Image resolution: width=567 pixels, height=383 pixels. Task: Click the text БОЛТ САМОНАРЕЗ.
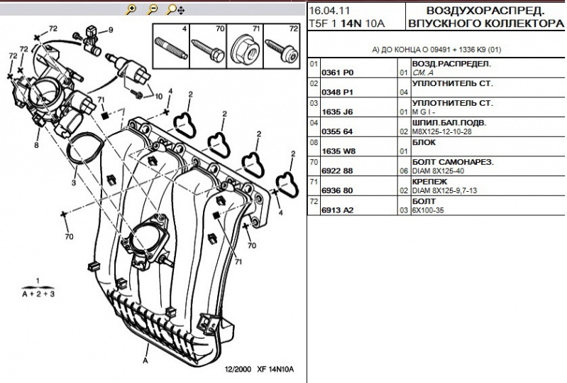452,162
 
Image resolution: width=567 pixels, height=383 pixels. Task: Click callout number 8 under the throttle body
36,144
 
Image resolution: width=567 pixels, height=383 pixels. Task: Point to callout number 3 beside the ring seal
73,183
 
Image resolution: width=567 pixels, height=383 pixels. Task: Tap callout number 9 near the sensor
111,30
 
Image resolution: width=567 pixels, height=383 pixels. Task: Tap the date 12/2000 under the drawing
238,369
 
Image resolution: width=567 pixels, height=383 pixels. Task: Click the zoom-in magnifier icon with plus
131,9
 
